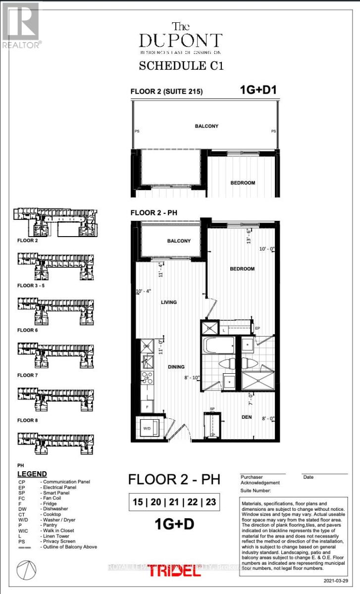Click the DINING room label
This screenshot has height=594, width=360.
click(x=176, y=367)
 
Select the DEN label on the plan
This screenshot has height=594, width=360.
click(x=247, y=417)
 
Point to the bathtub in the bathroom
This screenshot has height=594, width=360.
click(x=218, y=345)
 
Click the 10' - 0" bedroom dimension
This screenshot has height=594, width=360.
click(x=265, y=248)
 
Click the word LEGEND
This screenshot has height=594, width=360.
click(x=32, y=474)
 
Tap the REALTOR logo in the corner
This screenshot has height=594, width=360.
click(x=21, y=24)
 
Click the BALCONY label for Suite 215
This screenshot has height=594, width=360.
click(x=206, y=126)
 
